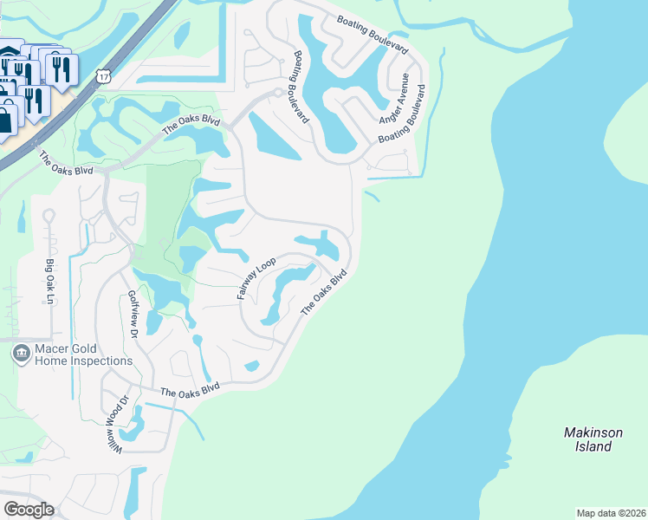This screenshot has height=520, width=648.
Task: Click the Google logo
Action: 29,510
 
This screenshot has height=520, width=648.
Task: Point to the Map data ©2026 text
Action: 610,512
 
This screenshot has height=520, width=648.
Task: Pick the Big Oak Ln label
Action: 49,280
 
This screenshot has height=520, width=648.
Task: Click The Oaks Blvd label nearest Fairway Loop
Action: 324,293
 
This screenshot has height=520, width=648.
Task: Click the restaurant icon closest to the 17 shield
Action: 61,69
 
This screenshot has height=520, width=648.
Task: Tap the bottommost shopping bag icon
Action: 5,119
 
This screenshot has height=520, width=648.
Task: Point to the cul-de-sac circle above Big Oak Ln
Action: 49,215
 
